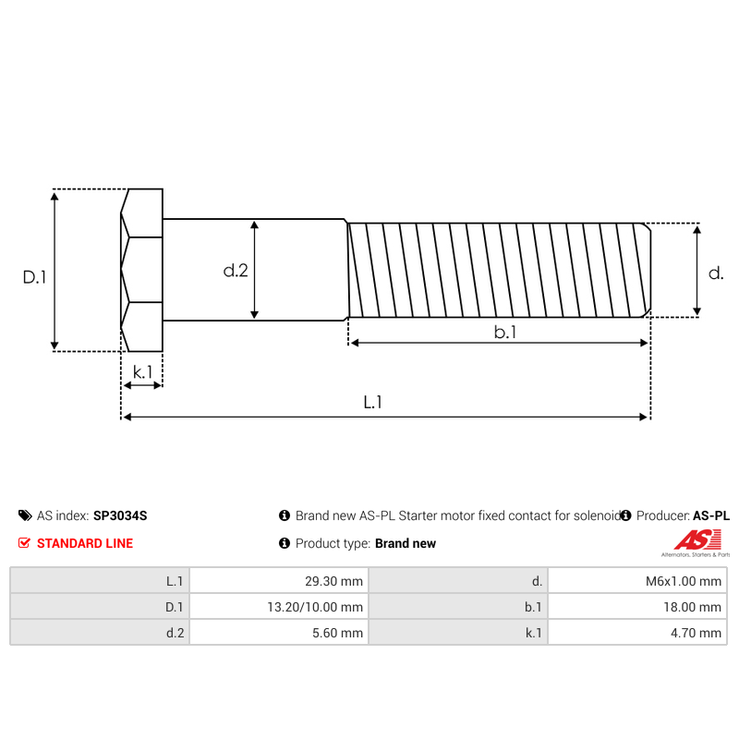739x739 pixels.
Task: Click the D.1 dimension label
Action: click(34, 276)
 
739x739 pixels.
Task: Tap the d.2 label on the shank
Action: click(236, 271)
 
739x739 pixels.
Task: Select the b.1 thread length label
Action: click(504, 332)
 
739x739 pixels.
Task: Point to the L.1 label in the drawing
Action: click(372, 402)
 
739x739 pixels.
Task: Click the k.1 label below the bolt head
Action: click(142, 372)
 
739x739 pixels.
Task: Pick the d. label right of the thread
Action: click(715, 273)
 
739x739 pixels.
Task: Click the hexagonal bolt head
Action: click(141, 270)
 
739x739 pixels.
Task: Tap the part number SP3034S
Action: click(120, 515)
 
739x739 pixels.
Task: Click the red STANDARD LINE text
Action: click(84, 543)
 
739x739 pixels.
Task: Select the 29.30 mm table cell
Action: click(278, 581)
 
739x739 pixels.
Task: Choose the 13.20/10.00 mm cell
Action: click(278, 607)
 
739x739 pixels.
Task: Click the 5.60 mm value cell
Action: click(278, 633)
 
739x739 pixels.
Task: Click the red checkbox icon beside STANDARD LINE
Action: click(24, 543)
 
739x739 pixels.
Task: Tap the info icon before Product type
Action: click(285, 543)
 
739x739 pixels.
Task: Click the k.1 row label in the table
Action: click(532, 633)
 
